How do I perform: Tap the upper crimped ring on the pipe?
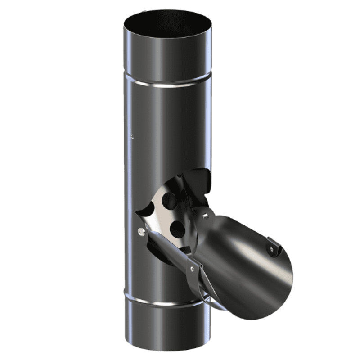[167, 84]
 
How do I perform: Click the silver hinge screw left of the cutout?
[142, 231]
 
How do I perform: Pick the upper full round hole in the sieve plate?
[169, 201]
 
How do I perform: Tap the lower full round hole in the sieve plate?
[177, 229]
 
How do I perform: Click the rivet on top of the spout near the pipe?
[205, 216]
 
